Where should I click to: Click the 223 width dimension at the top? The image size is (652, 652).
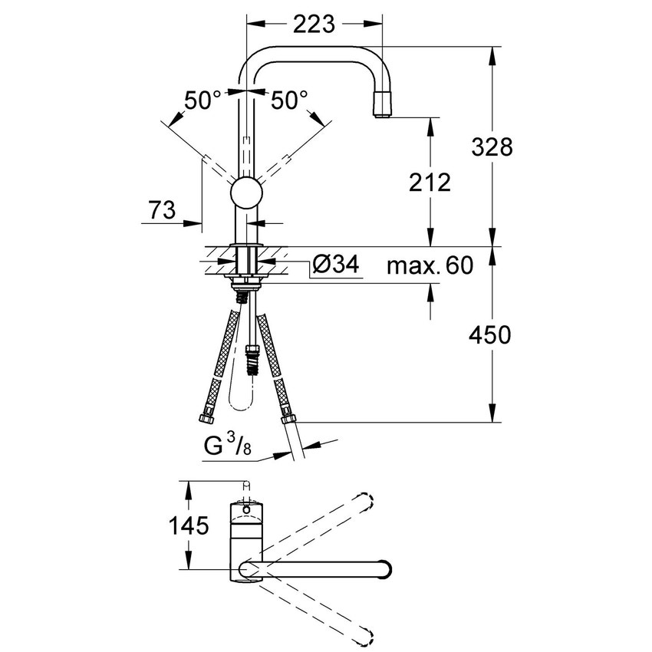click(x=314, y=25)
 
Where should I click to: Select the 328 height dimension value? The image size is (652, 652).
click(x=491, y=147)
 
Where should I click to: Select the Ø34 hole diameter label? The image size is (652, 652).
click(x=336, y=265)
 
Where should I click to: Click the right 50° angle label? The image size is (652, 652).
click(x=289, y=99)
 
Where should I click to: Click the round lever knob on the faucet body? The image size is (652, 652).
click(x=248, y=191)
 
